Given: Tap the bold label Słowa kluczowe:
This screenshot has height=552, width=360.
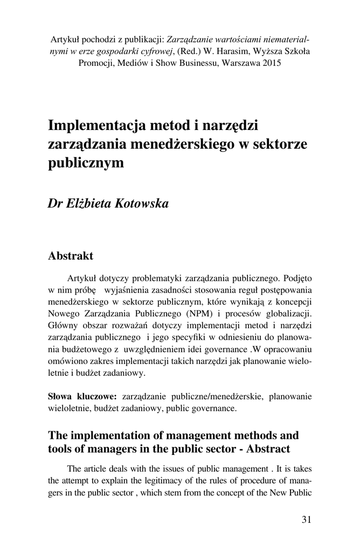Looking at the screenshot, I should [x=82, y=397].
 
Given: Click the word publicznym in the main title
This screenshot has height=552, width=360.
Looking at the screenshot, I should [x=86, y=162].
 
